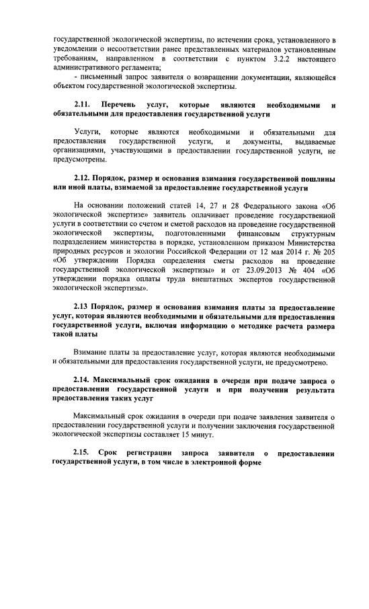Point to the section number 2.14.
pyautogui.click(x=83, y=380)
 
